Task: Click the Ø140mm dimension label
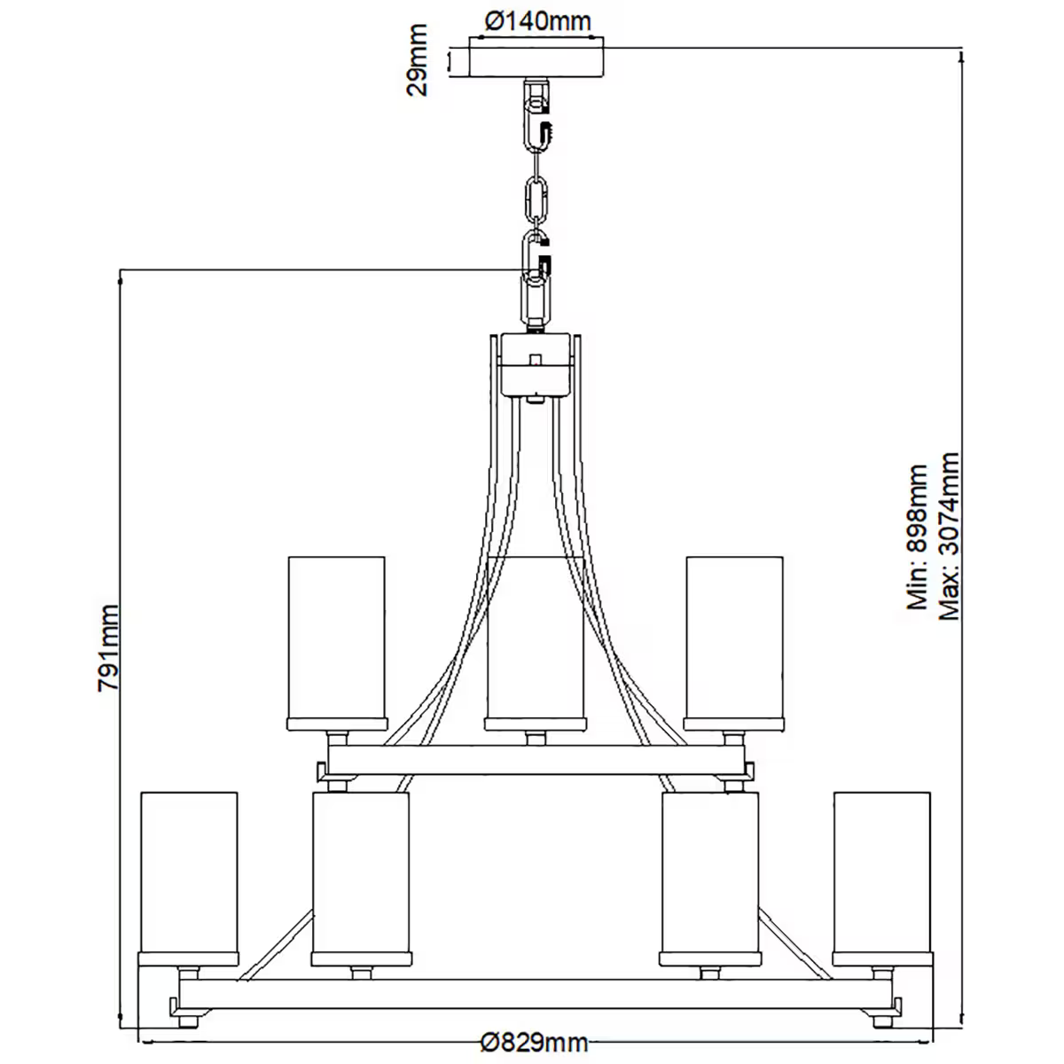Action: point(538,20)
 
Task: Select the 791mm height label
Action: point(108,647)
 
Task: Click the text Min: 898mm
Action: point(917,537)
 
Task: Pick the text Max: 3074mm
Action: point(950,537)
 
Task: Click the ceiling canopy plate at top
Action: point(538,60)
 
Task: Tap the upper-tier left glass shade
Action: point(337,638)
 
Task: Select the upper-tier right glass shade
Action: point(734,638)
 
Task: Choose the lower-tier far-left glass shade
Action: point(190,873)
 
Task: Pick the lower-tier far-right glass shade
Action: point(882,873)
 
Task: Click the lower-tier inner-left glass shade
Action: point(361,873)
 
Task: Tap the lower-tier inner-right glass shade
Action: point(710,873)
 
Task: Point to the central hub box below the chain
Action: point(536,364)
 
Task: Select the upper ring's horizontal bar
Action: point(536,760)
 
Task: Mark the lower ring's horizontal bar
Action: point(536,993)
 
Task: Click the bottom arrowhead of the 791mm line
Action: point(121,1020)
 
